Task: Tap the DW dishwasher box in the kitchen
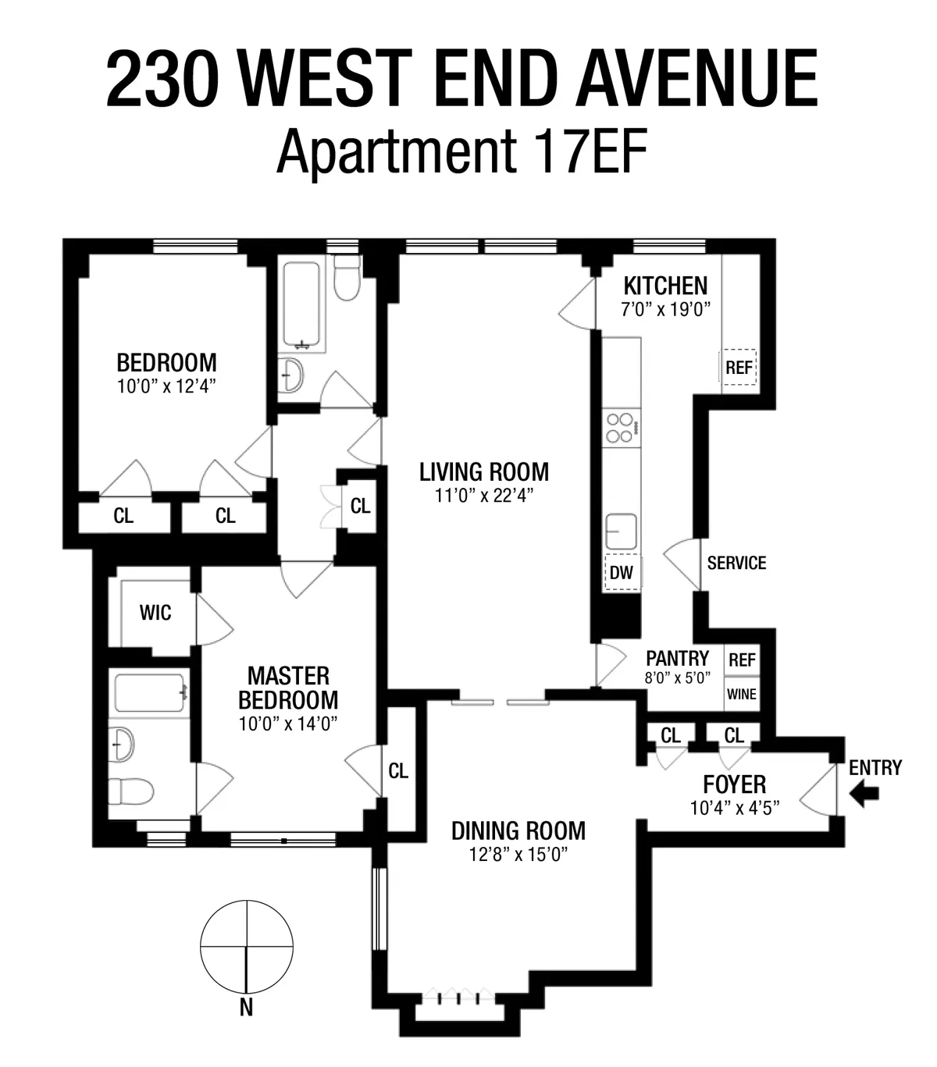click(x=622, y=572)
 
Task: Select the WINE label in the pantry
click(x=741, y=693)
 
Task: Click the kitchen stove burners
click(x=622, y=428)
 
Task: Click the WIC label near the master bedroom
click(x=155, y=613)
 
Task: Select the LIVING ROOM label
click(x=483, y=472)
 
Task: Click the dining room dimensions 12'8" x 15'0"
click(x=518, y=855)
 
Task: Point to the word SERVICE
click(x=736, y=563)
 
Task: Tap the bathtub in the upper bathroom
click(x=301, y=307)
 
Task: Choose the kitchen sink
click(x=621, y=532)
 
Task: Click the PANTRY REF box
click(x=742, y=660)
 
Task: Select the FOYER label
click(x=734, y=784)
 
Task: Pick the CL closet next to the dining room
click(x=398, y=771)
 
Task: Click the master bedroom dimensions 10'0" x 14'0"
click(x=288, y=724)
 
